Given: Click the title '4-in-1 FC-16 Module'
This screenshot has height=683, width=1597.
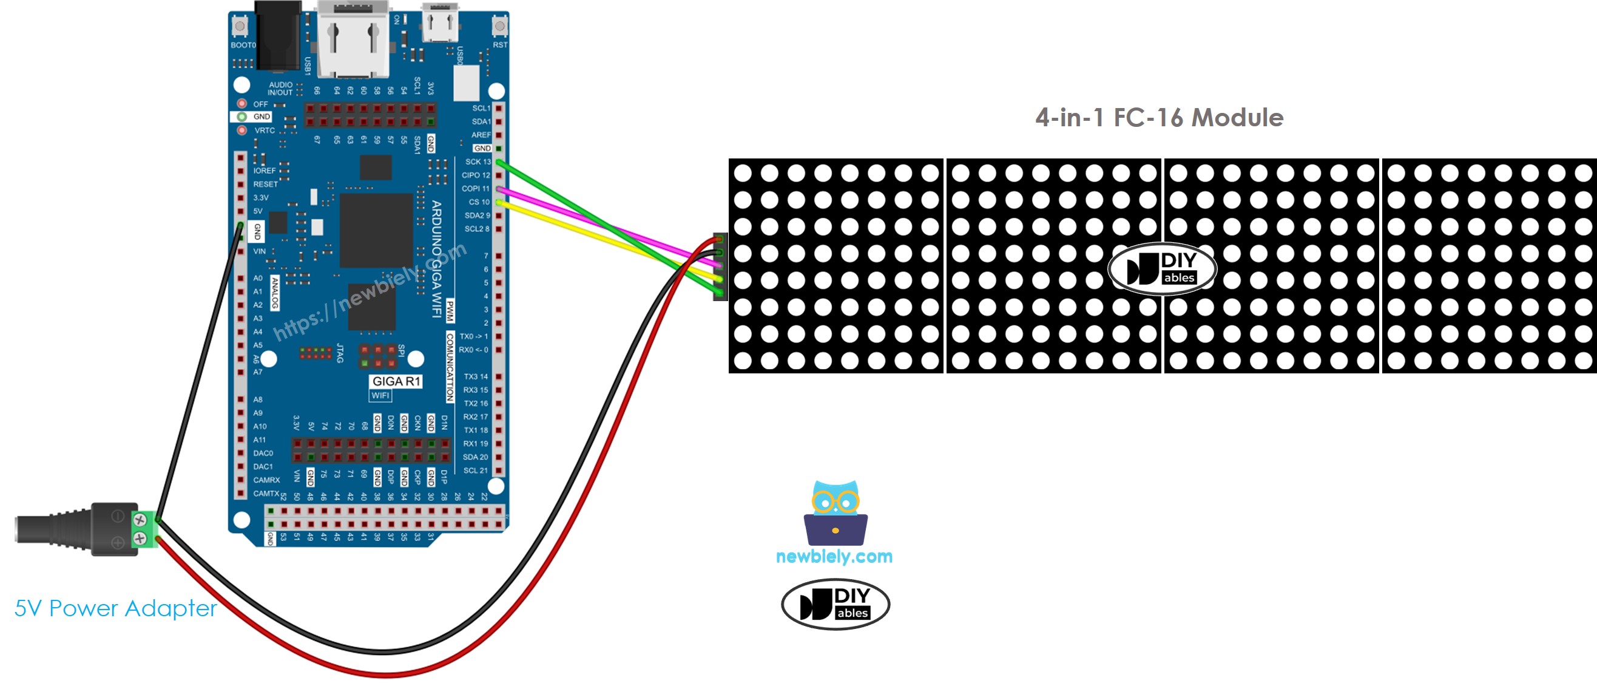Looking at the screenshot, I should [1159, 117].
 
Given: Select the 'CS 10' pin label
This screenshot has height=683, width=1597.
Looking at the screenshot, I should [479, 202].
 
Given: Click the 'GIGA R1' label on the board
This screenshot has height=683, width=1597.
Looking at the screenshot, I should [396, 381].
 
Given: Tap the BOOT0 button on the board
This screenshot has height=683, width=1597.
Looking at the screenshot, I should [239, 25].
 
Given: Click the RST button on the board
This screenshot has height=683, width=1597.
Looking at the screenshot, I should [499, 25].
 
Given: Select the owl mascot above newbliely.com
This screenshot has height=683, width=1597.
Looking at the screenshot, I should [835, 512].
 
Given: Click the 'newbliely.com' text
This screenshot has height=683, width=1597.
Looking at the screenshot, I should [834, 556].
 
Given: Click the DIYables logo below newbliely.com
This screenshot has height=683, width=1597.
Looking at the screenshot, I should [835, 603].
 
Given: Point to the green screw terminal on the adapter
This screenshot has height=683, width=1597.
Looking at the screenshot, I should [147, 529].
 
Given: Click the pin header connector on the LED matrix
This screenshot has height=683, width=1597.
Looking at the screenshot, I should [720, 266].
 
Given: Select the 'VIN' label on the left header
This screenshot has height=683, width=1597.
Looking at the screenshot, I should [259, 251].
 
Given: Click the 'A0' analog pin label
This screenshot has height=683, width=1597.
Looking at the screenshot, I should [258, 278].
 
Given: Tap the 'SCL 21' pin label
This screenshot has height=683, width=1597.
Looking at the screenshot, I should [475, 471].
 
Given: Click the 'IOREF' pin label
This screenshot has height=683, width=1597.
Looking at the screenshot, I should [264, 171].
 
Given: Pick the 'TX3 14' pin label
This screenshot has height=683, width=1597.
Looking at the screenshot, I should [475, 376].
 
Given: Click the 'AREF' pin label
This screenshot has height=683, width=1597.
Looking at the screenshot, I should [481, 135].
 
